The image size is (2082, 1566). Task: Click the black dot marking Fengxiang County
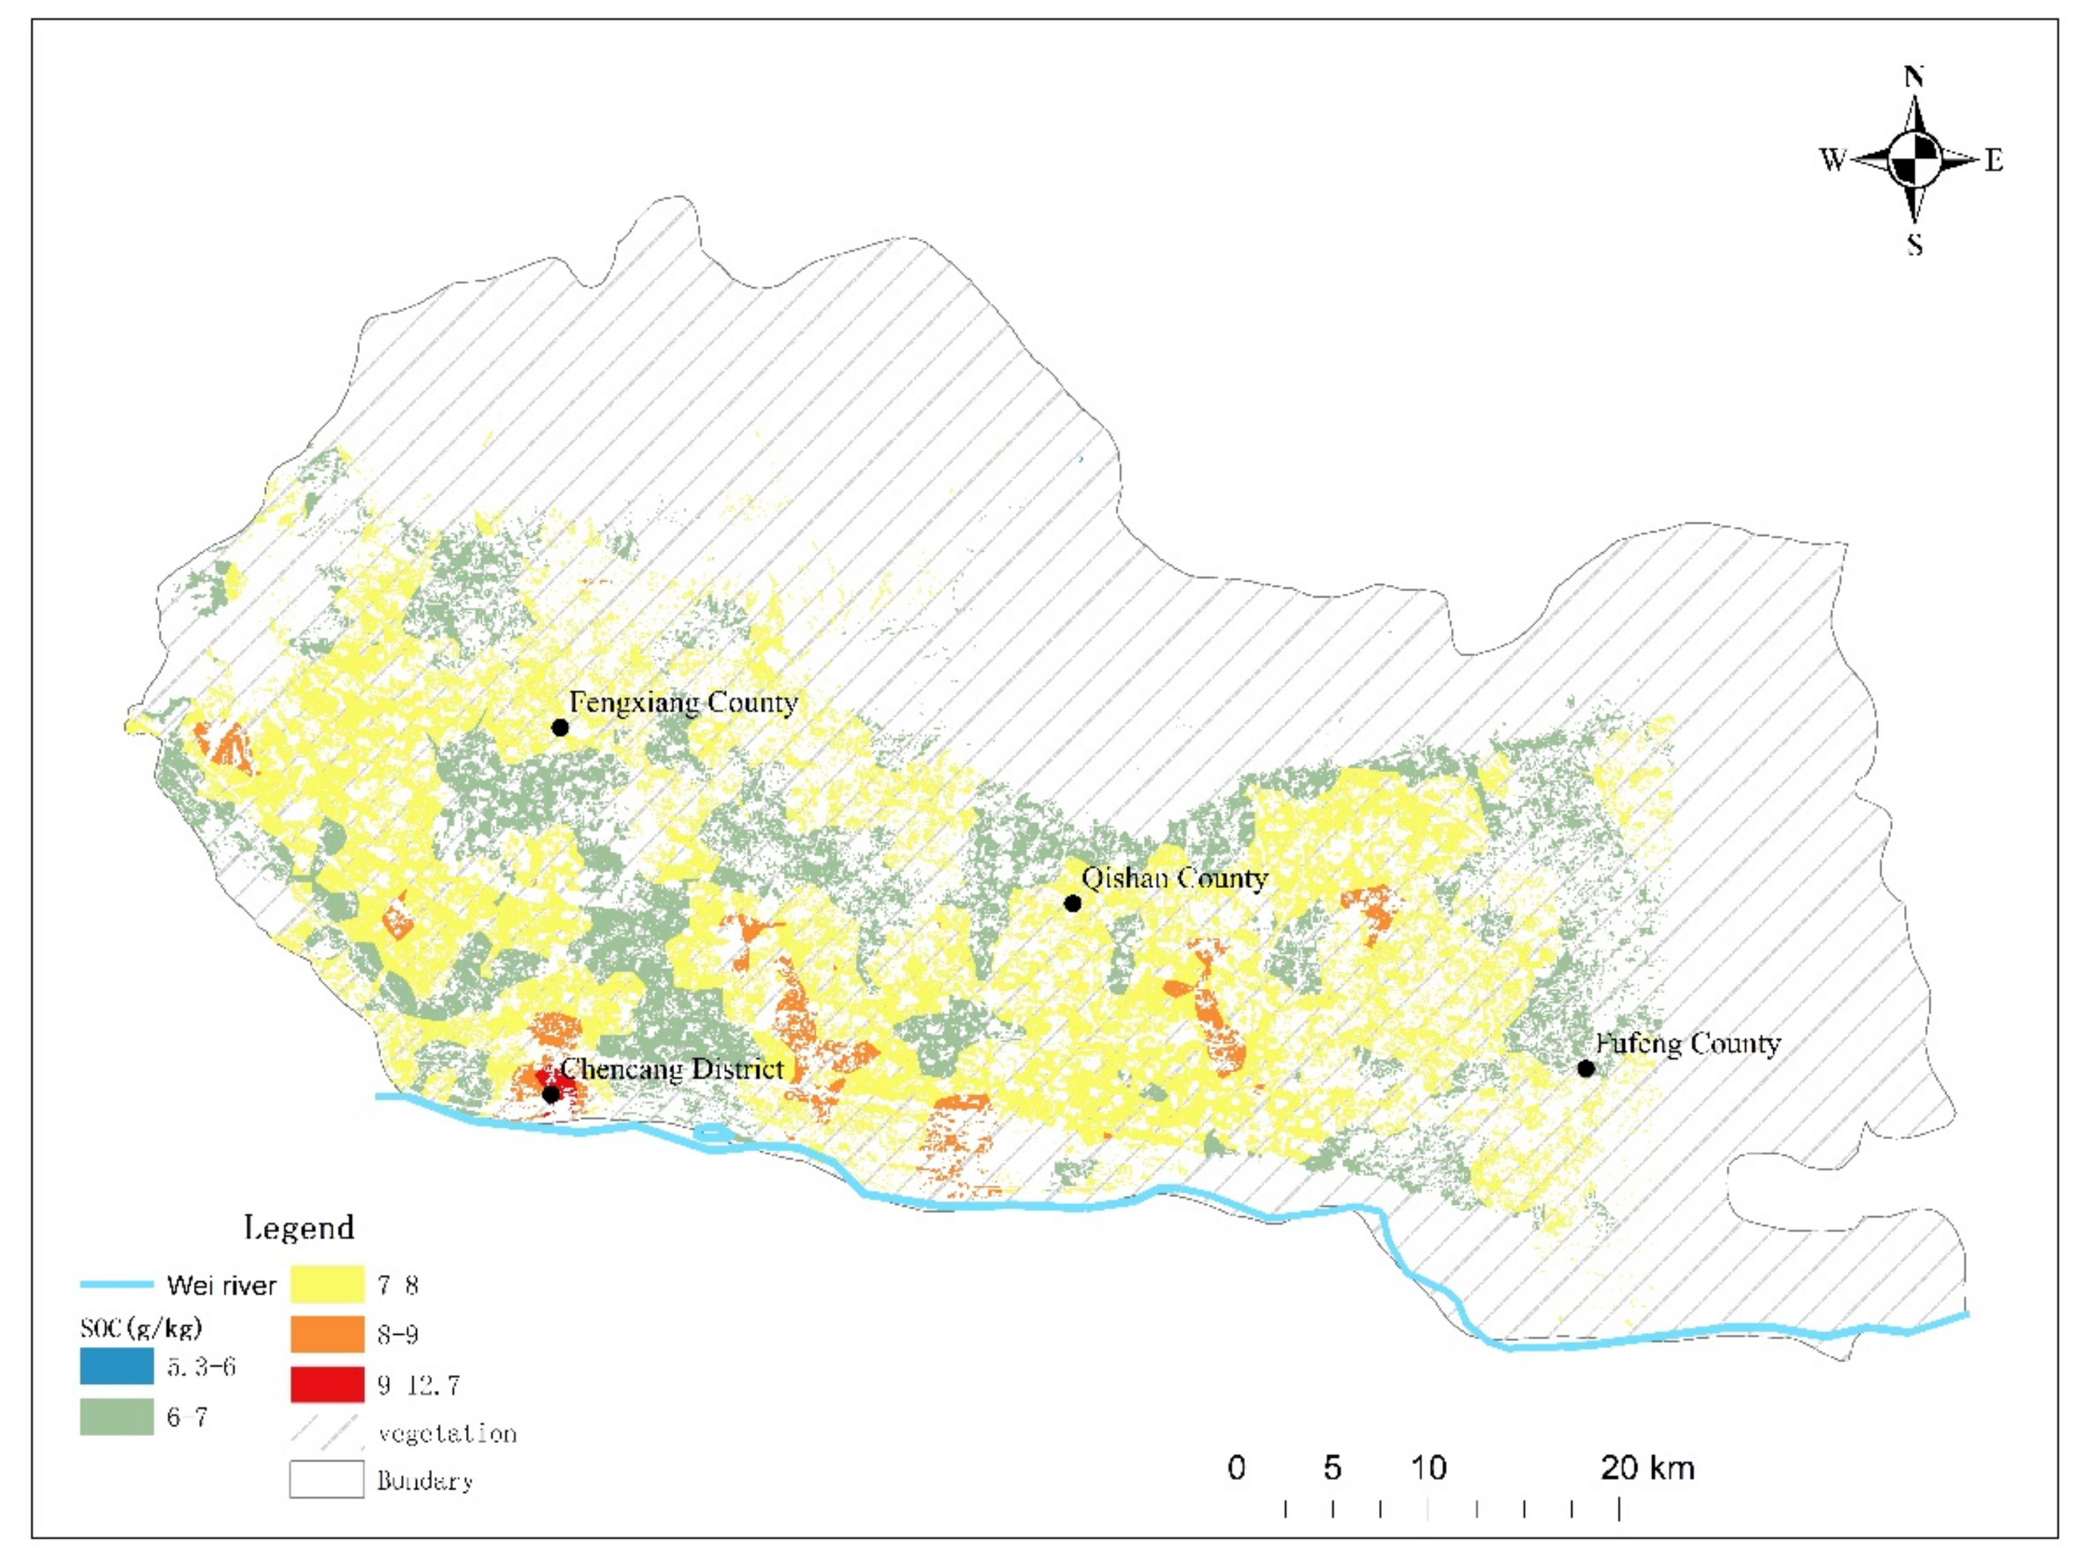[560, 727]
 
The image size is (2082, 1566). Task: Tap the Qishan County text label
[1174, 879]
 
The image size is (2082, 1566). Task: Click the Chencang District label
[671, 1069]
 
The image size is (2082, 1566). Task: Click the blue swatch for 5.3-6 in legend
[117, 1366]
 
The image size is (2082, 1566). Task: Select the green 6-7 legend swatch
[117, 1416]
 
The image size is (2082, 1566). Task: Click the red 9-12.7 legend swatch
[326, 1385]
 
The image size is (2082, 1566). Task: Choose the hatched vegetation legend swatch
[326, 1433]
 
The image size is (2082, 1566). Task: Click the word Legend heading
[299, 1227]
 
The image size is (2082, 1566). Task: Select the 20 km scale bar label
[1647, 1468]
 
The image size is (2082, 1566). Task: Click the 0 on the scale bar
[1237, 1468]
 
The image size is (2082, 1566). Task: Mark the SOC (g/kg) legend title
[141, 1328]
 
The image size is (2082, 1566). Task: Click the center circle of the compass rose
[1914, 160]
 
